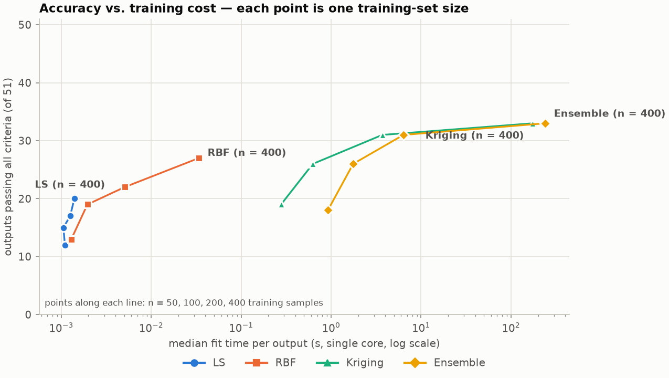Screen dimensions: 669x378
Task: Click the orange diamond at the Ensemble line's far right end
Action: [545, 123]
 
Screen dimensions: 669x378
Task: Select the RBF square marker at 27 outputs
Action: [199, 158]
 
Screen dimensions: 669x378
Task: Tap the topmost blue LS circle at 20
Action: [75, 198]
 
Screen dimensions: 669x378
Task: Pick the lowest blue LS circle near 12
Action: [65, 245]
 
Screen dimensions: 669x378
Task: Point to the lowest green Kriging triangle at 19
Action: [281, 205]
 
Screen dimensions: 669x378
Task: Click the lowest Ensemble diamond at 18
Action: [328, 211]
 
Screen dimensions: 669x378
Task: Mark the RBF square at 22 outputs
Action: [125, 187]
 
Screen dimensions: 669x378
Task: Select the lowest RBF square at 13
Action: [72, 239]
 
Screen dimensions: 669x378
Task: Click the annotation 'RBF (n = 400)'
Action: [247, 153]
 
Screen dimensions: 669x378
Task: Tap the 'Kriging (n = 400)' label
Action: [474, 135]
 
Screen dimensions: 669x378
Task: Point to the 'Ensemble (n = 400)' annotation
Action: [610, 113]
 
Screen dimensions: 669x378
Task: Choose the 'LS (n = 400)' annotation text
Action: [70, 184]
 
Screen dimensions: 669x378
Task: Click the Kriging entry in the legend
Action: [350, 363]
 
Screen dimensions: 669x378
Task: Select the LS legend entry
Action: [204, 363]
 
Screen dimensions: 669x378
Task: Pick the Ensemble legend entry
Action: [444, 363]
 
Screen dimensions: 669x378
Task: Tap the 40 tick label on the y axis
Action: [25, 83]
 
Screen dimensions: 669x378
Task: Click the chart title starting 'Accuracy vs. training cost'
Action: [254, 8]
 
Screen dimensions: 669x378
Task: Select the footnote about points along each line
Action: [184, 303]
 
